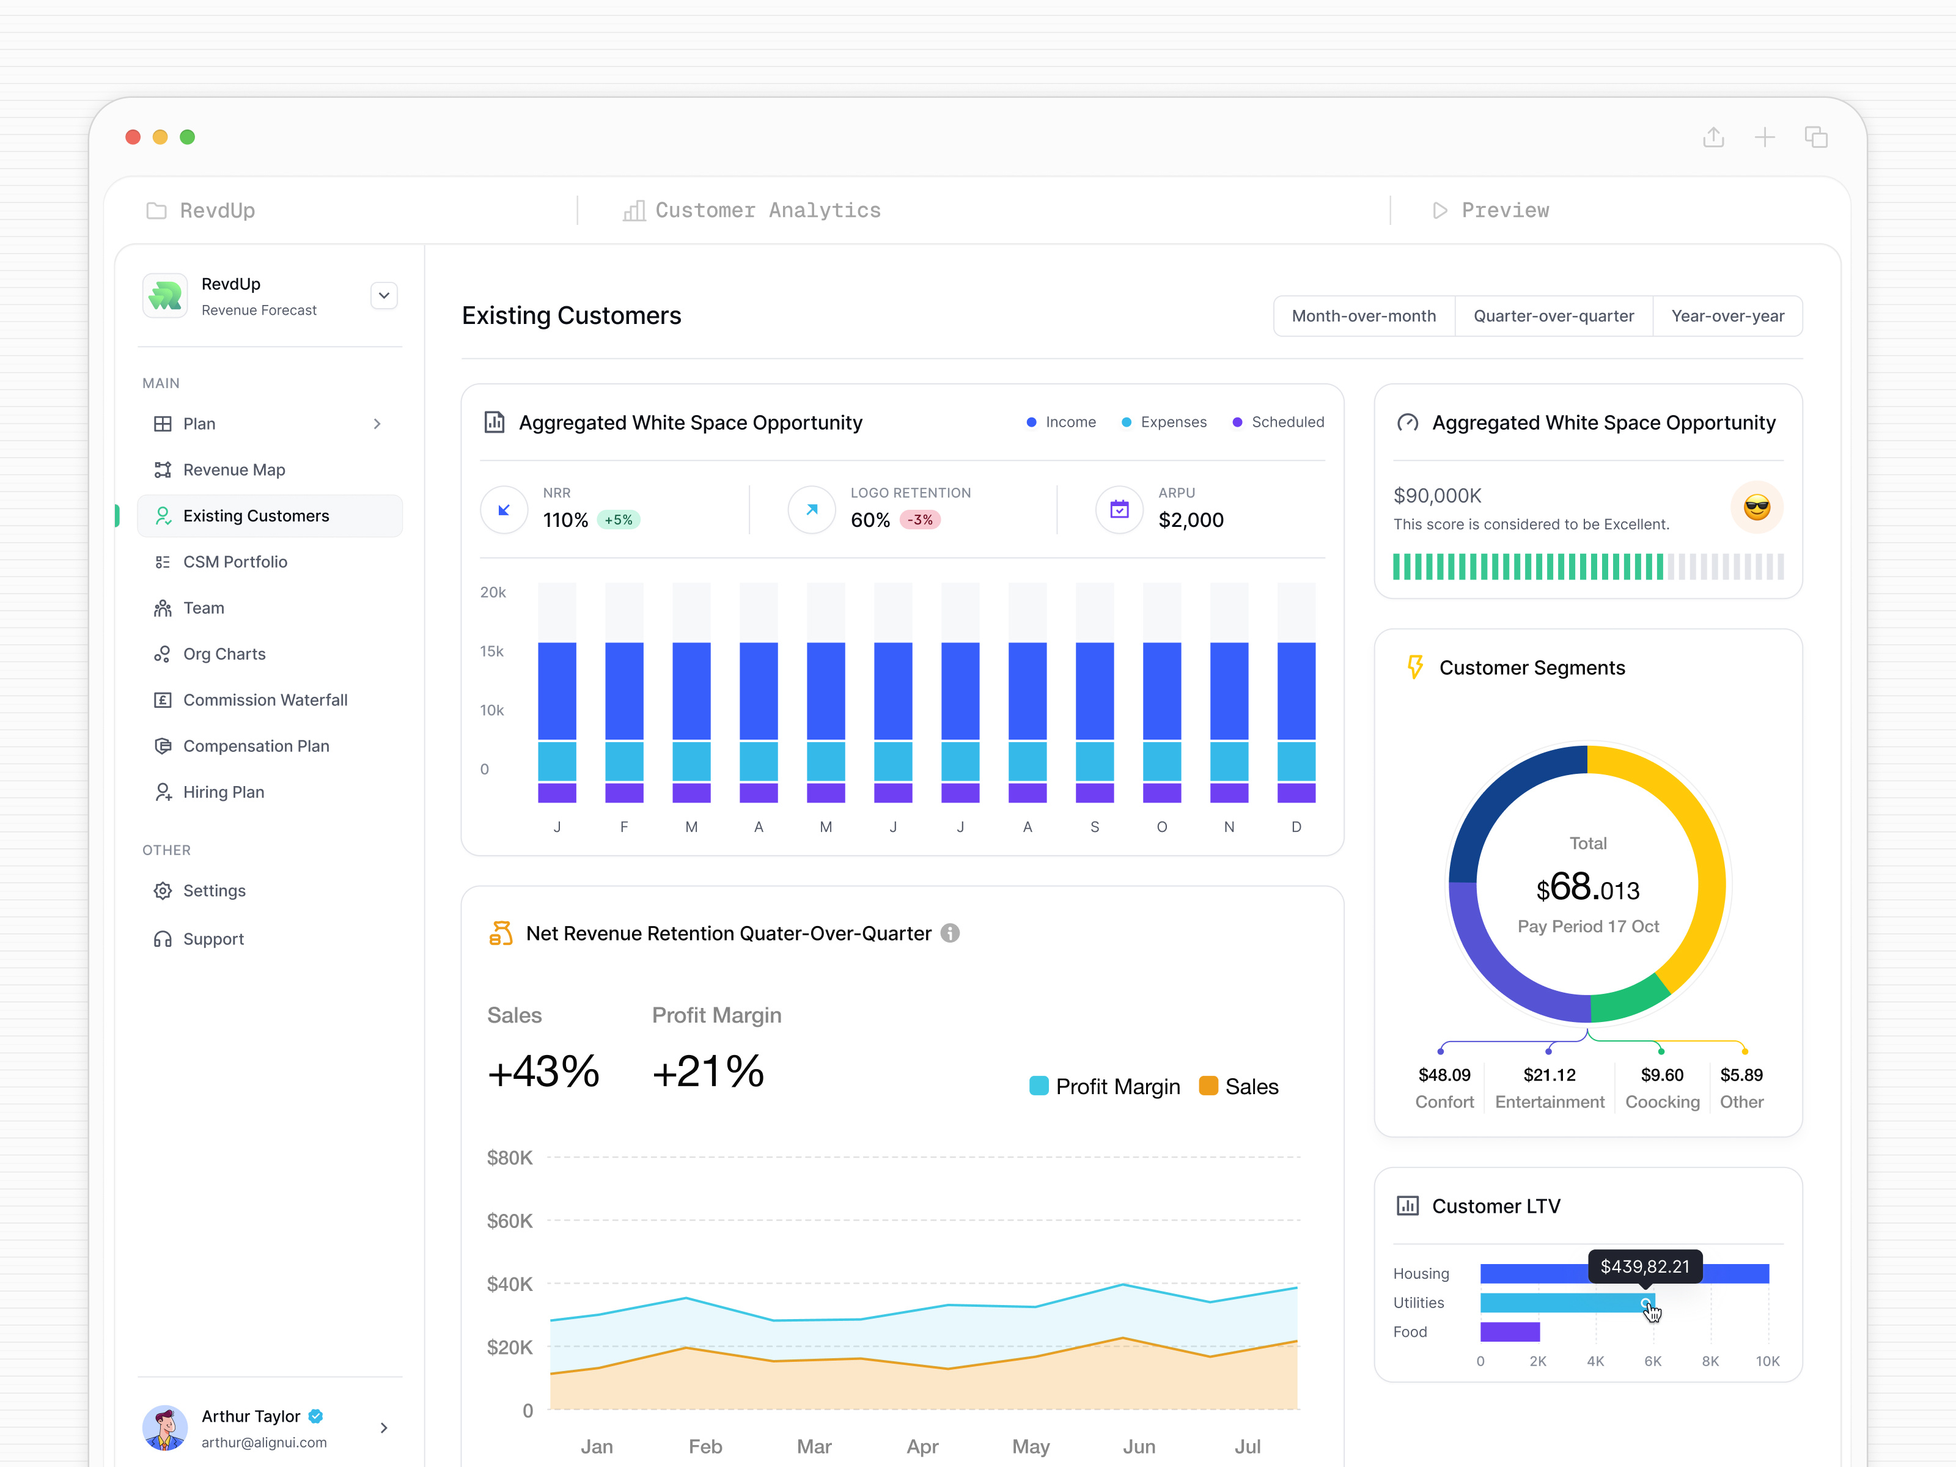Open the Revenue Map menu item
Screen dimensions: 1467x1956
coord(233,469)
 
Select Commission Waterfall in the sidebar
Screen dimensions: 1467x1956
coord(265,699)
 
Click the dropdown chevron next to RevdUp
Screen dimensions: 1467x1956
coord(384,295)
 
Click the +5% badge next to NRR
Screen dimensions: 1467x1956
coord(618,520)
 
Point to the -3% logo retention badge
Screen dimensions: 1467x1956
coord(920,520)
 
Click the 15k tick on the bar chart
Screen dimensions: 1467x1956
coord(491,651)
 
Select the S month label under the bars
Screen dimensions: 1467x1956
coord(1095,827)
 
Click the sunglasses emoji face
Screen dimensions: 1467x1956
coord(1756,507)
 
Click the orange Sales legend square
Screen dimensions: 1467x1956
coord(1208,1086)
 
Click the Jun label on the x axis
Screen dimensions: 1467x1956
coord(1139,1447)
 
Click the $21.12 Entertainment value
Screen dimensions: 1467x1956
coord(1550,1075)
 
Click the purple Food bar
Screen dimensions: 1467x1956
coord(1509,1332)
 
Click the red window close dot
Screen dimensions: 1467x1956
coord(133,137)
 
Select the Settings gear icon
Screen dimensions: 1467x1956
coord(163,891)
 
